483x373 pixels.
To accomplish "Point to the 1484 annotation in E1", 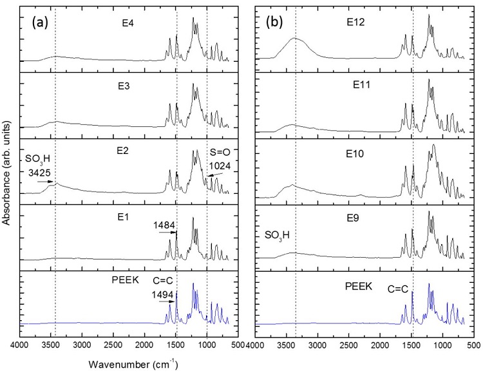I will [x=163, y=225].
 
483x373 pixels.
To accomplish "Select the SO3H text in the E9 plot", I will [x=277, y=235].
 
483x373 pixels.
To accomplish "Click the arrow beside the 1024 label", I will [x=215, y=174].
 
